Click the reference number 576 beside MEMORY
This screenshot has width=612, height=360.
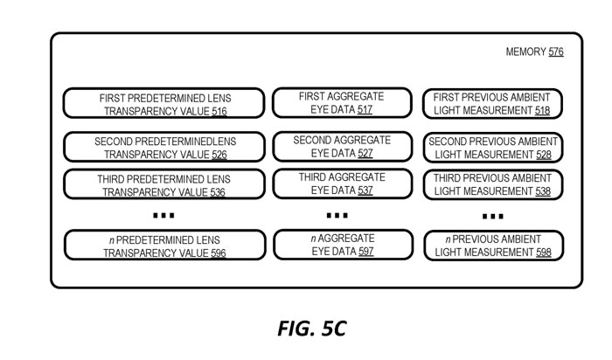(x=556, y=52)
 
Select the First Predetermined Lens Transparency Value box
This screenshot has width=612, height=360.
(x=163, y=104)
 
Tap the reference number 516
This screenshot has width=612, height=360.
(x=219, y=112)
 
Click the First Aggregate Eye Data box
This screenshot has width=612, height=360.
(x=342, y=102)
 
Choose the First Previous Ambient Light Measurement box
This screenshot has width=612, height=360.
(x=492, y=104)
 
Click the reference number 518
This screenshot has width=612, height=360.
(x=543, y=112)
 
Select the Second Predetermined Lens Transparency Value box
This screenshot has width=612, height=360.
(x=163, y=147)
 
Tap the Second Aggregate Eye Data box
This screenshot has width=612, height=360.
(x=342, y=146)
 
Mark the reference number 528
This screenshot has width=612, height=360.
(x=543, y=155)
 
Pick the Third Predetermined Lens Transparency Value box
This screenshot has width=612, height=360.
(x=163, y=184)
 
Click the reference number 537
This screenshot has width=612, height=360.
(x=365, y=190)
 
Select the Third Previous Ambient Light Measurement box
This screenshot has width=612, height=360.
(x=492, y=184)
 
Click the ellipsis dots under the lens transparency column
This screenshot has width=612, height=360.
(x=163, y=215)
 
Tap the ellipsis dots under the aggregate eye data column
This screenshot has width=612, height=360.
(x=337, y=215)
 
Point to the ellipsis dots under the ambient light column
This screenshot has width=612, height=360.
(x=492, y=216)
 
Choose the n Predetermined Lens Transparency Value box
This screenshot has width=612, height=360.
(x=163, y=246)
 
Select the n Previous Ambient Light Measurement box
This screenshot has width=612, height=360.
(x=492, y=246)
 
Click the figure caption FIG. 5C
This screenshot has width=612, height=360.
(x=312, y=329)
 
